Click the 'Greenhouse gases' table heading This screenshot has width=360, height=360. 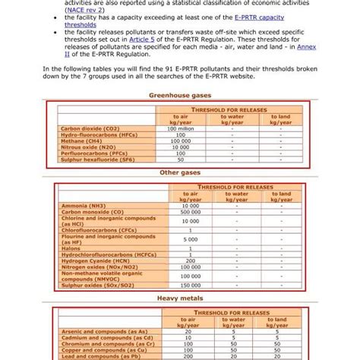pyautogui.click(x=180, y=96)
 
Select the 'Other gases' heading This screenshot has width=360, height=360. pyautogui.click(x=180, y=173)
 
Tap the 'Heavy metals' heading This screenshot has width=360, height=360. pyautogui.click(x=179, y=298)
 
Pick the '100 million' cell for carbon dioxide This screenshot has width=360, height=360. pyautogui.click(x=180, y=129)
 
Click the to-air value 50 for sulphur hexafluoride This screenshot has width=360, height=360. pyautogui.click(x=180, y=159)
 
